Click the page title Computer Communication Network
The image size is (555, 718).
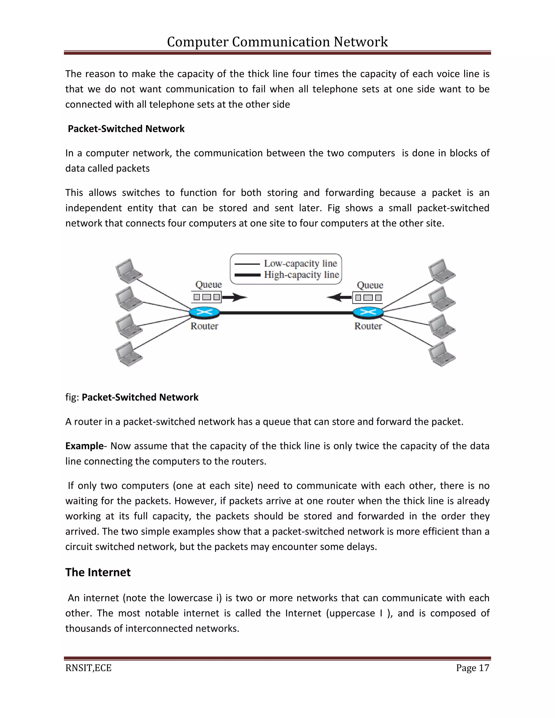pos(277,42)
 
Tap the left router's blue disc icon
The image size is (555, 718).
pos(205,312)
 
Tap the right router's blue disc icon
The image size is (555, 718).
pos(368,312)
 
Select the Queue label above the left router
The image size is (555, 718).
pos(208,284)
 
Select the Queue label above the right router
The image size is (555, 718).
pos(370,285)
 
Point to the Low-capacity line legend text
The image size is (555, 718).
pos(300,263)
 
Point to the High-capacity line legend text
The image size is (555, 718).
pos(301,274)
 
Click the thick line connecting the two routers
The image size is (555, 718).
pos(286,313)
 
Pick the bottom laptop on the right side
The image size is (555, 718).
pos(441,354)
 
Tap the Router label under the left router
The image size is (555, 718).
pos(204,326)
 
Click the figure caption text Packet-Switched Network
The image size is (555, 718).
pos(140,397)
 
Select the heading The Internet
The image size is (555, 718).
pos(98,572)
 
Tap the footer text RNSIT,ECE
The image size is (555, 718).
pos(88,668)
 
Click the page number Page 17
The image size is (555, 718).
pos(472,668)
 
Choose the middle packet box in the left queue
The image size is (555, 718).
pos(206,297)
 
